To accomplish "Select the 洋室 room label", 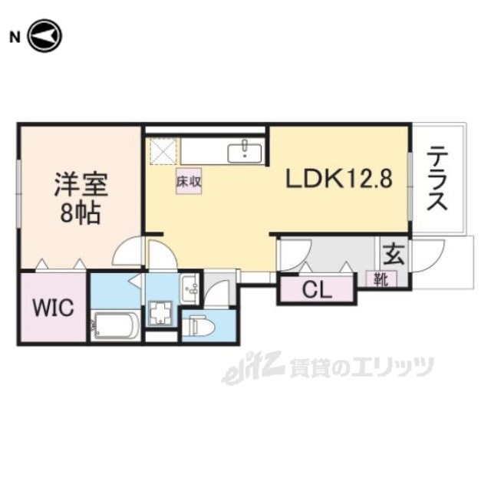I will (x=81, y=186).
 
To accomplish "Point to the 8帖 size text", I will (x=81, y=213).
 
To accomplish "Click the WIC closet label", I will (x=53, y=308).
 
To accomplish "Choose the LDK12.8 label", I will (x=340, y=180).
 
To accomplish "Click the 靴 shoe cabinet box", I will (x=381, y=279).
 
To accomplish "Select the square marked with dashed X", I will (x=163, y=151).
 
